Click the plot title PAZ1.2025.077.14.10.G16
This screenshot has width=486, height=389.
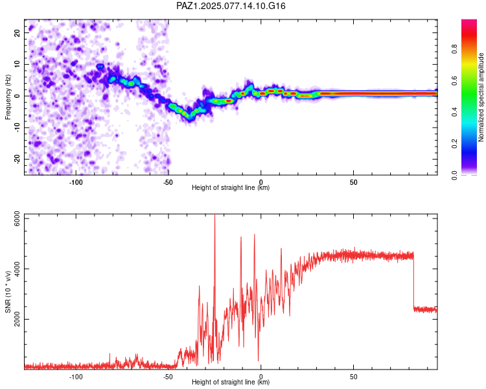pos(231,6)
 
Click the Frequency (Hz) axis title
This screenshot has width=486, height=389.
pos(8,97)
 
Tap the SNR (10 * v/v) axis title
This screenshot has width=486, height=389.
pos(8,292)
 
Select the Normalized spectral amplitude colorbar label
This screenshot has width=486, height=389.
pos(481,97)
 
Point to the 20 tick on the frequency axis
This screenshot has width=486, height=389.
pos(17,32)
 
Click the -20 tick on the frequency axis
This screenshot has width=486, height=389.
pos(17,159)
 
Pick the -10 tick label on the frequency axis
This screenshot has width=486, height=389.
pos(17,128)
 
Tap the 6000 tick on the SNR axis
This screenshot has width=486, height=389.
pos(17,218)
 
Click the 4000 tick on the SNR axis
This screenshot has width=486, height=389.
pos(17,268)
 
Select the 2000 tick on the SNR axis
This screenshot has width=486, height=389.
pos(17,319)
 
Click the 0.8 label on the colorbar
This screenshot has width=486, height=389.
pos(454,49)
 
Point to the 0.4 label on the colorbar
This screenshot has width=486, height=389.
pos(454,112)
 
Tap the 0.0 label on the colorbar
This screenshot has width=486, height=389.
pos(454,175)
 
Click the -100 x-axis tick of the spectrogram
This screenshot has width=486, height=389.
pos(75,182)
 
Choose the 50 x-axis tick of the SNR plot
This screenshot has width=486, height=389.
pos(354,377)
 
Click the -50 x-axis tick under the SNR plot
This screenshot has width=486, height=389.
pos(168,377)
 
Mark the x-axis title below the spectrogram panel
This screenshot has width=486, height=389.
pos(231,187)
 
